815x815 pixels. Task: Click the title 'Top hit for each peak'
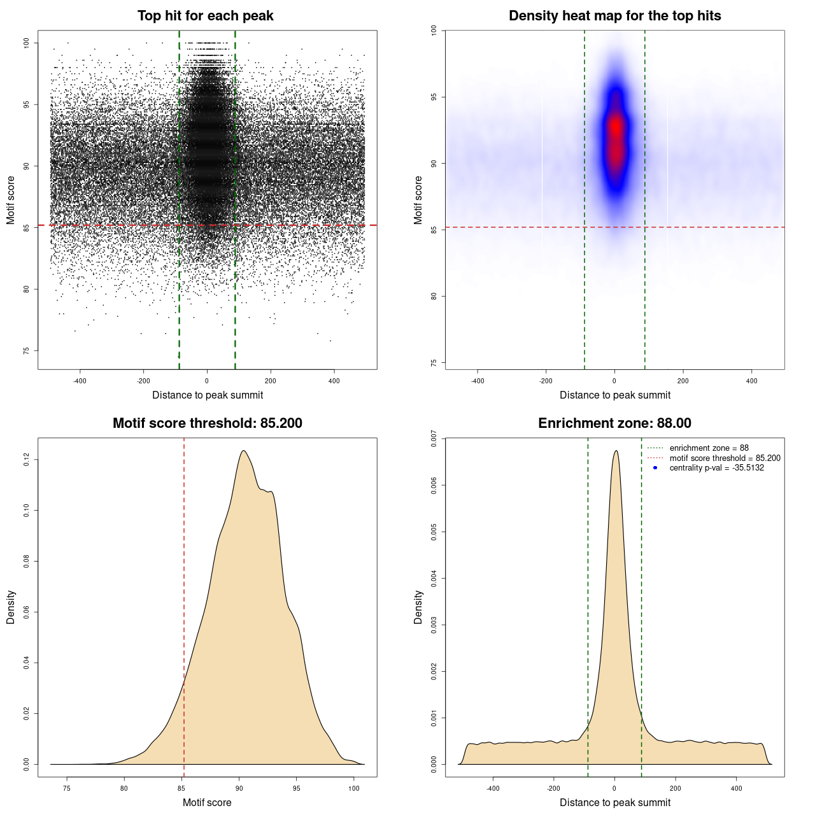coord(205,16)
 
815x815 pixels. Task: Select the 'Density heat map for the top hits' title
coord(614,16)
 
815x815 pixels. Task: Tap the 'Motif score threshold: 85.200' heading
coord(207,423)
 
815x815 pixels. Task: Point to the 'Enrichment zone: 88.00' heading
coord(614,423)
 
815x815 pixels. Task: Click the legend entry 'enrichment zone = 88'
coord(709,448)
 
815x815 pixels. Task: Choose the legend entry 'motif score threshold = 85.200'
coord(725,458)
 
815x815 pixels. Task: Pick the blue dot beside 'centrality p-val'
coord(655,468)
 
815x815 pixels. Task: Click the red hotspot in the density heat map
coord(616,127)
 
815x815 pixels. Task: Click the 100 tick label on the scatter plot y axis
coord(27,43)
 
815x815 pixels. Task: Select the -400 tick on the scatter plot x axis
coord(80,381)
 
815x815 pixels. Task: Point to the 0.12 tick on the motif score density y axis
coord(27,459)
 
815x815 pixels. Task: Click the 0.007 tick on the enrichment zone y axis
coord(434,439)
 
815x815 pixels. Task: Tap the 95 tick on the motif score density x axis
coord(296,788)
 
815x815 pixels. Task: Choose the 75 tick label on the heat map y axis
coord(434,363)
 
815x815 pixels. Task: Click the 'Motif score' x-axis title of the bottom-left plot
coord(207,802)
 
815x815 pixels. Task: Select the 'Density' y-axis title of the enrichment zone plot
coord(418,607)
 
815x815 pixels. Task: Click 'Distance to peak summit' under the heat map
coord(615,395)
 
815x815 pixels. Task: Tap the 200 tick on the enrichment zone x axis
coord(676,788)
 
